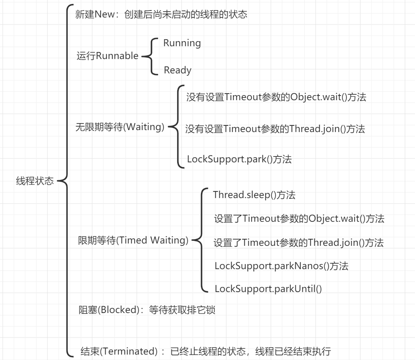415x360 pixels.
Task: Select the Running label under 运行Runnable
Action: [182, 43]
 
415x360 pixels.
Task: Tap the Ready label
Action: [178, 70]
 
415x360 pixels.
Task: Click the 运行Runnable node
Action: [107, 56]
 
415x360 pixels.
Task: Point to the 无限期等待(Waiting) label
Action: [120, 127]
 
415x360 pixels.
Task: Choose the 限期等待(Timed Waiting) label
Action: [133, 240]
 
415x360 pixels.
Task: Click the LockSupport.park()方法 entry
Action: [239, 159]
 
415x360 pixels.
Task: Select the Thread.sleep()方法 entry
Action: [254, 195]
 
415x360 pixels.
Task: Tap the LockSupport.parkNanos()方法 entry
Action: [281, 266]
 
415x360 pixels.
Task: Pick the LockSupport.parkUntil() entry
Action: [268, 289]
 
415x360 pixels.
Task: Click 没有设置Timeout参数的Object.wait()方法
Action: [276, 97]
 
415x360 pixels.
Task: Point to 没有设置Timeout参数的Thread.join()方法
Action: [275, 129]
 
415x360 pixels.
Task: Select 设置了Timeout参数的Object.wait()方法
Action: [299, 219]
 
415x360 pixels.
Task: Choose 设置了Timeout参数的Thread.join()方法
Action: [298, 243]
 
